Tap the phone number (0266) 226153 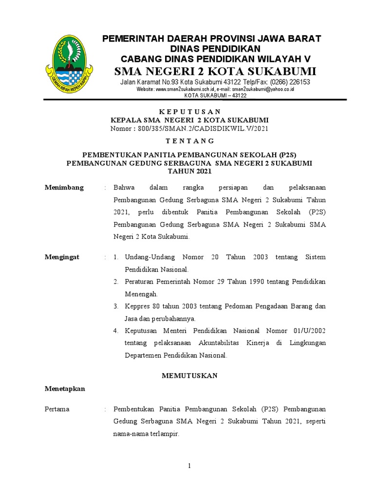pos(290,82)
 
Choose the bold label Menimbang pos(64,188)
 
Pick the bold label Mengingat pos(63,257)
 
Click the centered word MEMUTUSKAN pos(190,376)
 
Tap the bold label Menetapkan pos(65,388)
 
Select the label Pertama pos(57,409)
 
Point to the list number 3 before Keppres pos(116,306)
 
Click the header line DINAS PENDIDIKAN pos(215,48)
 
